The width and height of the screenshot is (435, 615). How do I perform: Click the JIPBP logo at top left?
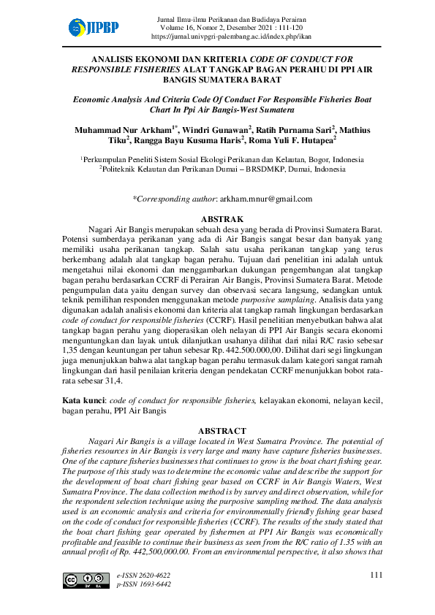click(x=93, y=28)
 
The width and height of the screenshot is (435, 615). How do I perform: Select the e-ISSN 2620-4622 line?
click(x=144, y=576)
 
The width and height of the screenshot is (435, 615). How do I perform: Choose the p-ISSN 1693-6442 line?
click(x=144, y=584)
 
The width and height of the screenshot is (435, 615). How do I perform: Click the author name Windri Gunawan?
click(x=214, y=130)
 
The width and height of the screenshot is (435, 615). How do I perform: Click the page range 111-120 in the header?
click(x=296, y=26)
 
